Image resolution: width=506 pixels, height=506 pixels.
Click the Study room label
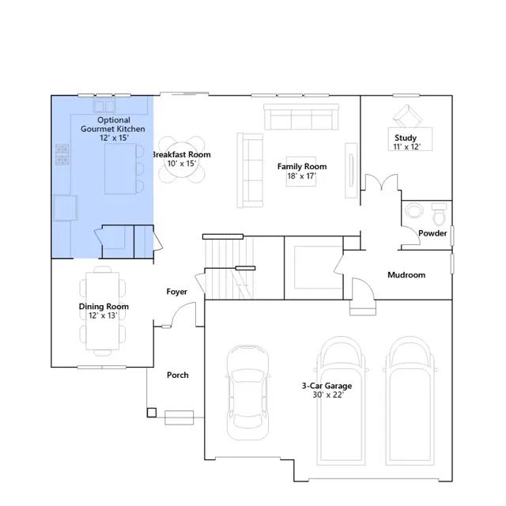(x=406, y=138)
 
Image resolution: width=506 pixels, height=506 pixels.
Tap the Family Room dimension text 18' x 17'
(x=301, y=176)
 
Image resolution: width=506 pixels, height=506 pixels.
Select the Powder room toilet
(x=439, y=214)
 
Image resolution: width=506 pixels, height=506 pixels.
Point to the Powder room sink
(x=413, y=210)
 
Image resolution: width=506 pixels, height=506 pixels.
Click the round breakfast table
(x=182, y=160)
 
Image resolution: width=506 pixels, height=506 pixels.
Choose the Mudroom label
(x=406, y=275)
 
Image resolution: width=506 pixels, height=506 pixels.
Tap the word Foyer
(x=176, y=292)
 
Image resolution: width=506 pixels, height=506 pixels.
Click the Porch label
(x=177, y=375)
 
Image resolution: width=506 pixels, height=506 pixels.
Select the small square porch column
(x=152, y=413)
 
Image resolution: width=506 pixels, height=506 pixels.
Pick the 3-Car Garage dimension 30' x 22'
(x=328, y=395)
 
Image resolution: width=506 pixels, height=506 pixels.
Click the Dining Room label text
(x=104, y=306)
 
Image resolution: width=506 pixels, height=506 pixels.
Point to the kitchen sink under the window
(x=104, y=106)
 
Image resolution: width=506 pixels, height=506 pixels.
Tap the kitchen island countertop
(x=120, y=168)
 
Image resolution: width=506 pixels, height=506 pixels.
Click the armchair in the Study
(x=407, y=116)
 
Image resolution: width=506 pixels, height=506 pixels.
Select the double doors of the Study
(x=381, y=181)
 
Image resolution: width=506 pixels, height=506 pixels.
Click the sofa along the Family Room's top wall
(x=301, y=117)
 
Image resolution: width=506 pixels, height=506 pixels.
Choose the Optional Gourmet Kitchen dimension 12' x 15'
(x=114, y=138)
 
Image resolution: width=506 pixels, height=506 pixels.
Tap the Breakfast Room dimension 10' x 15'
(x=182, y=164)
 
